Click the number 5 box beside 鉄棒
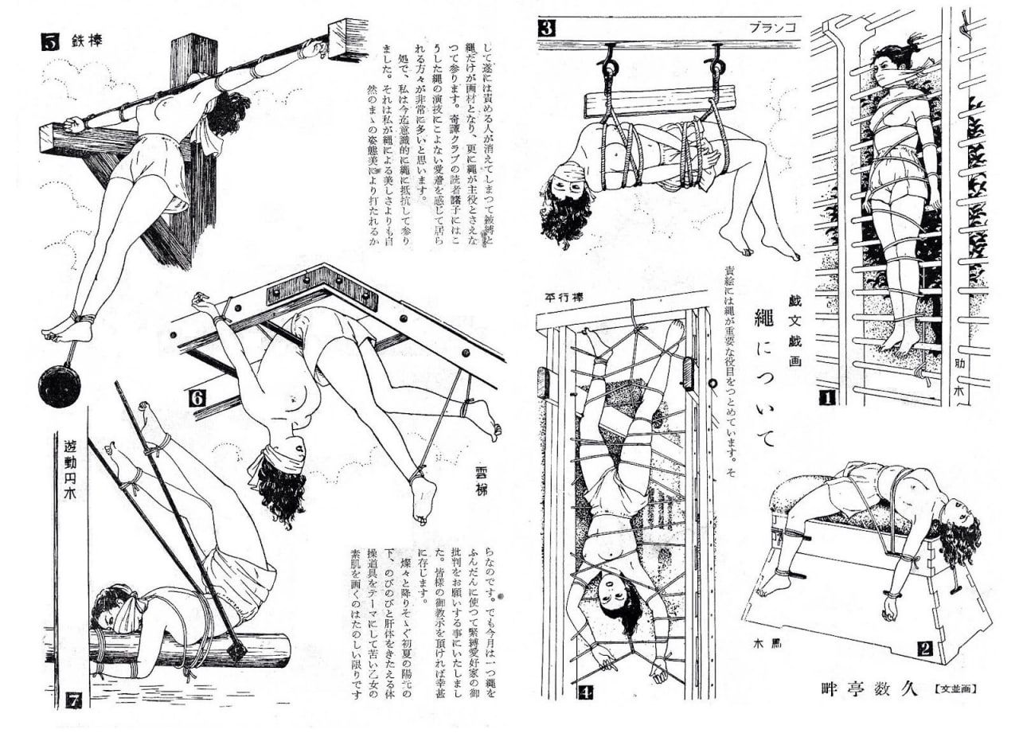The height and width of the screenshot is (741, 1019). (49, 42)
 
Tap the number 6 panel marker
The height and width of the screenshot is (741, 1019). (197, 395)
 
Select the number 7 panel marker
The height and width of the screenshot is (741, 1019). (73, 700)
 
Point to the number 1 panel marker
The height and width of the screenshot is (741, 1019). (826, 396)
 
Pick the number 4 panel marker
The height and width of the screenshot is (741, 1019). (586, 691)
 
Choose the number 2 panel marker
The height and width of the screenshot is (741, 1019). (924, 648)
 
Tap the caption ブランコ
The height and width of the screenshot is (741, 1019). (773, 27)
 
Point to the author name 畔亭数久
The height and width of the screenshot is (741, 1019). (862, 687)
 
